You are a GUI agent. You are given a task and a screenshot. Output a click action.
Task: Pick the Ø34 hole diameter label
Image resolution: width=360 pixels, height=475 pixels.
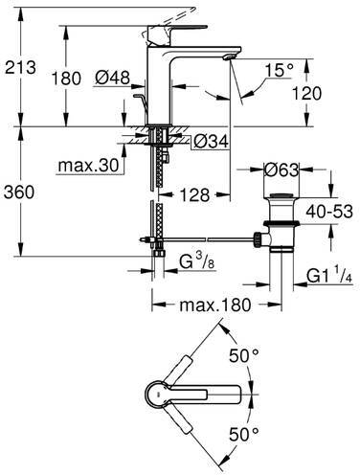(x=212, y=143)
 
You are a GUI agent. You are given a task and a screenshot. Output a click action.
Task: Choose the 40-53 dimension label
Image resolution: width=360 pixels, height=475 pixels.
(x=330, y=220)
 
